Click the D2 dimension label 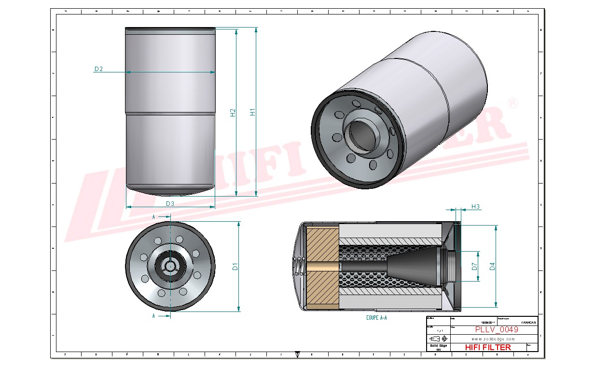tap(98, 69)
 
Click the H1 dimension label tap(252, 112)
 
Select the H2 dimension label tap(233, 112)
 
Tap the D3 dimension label tap(170, 203)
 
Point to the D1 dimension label tap(235, 266)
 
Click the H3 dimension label tap(475, 207)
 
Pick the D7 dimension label tap(474, 266)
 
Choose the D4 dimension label tap(492, 266)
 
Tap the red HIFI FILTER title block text tap(487, 347)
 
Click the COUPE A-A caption tap(376, 318)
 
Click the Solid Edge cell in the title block tap(438, 345)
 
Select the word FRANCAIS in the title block tap(528, 322)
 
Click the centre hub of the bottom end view tap(170, 266)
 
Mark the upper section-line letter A tap(153, 217)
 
